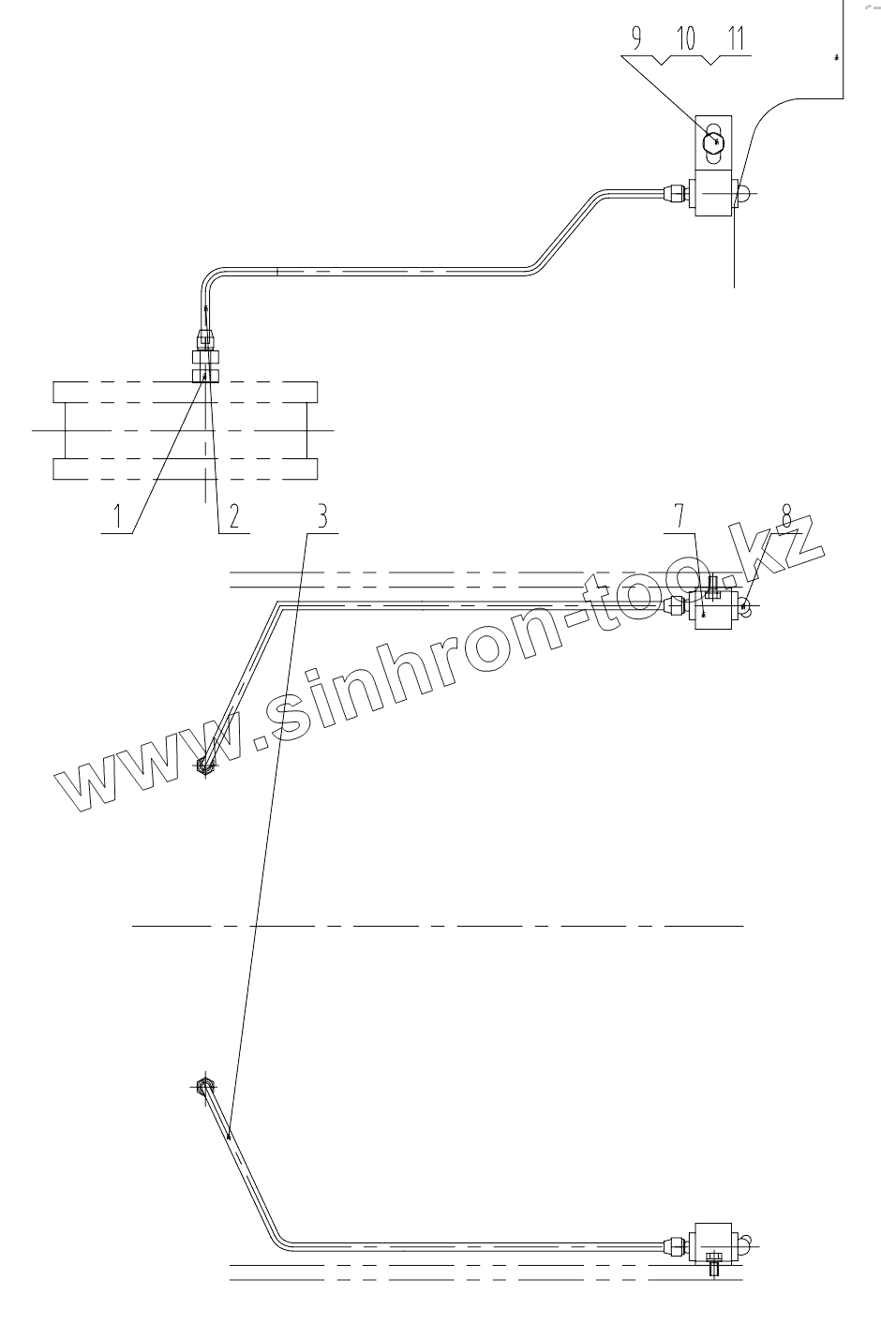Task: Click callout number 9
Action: click(x=637, y=38)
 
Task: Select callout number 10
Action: click(x=685, y=38)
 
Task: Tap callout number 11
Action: click(x=735, y=38)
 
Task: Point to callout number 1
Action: click(x=119, y=514)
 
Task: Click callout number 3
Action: click(x=321, y=514)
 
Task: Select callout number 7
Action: click(x=679, y=514)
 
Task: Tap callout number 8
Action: click(x=787, y=516)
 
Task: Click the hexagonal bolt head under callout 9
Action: click(x=714, y=141)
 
